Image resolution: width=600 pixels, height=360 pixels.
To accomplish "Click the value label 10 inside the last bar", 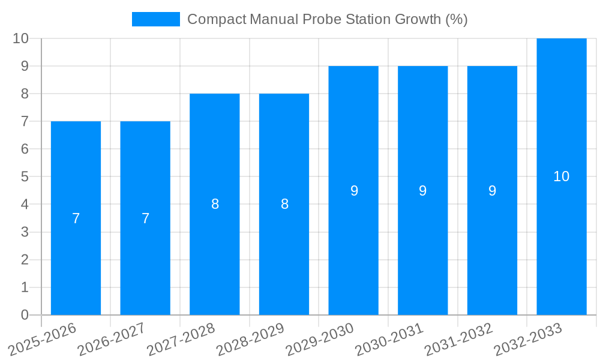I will [x=562, y=176].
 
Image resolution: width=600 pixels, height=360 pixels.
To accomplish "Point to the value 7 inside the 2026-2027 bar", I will [x=145, y=218].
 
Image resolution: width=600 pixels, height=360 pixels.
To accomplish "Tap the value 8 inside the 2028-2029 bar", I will [x=284, y=204].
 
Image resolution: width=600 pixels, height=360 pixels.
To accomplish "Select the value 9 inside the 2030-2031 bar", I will [x=423, y=191].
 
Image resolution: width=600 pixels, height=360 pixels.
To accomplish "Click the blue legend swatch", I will [x=156, y=19].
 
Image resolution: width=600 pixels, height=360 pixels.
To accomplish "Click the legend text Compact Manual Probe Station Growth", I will [x=327, y=19].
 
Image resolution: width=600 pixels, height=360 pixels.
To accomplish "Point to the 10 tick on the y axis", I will [x=20, y=38].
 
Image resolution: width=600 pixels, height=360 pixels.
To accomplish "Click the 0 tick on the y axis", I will [x=25, y=315].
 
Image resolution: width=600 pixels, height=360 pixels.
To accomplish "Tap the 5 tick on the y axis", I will [x=25, y=177].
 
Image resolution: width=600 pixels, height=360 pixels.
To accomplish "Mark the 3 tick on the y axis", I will [x=25, y=232].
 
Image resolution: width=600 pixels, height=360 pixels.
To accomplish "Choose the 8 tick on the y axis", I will [x=25, y=94].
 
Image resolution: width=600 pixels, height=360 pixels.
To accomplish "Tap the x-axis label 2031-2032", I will [x=460, y=338].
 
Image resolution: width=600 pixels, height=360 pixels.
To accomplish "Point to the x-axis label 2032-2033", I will [x=529, y=338].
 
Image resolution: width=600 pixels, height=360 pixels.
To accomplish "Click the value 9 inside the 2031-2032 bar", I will [x=492, y=191].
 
